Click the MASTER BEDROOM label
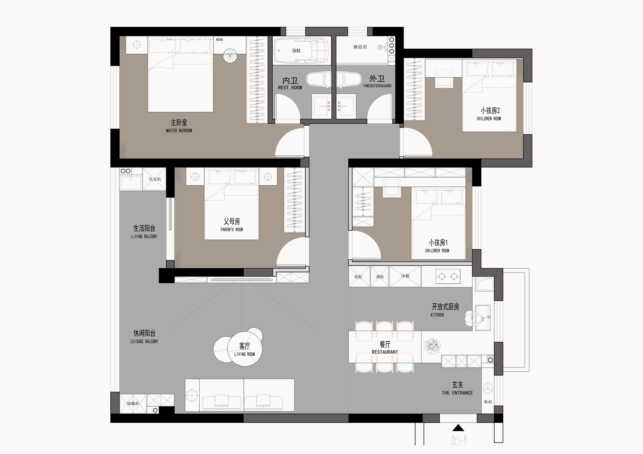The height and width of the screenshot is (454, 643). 179,131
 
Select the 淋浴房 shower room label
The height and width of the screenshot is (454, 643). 360,47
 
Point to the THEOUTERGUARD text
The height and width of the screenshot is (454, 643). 377,86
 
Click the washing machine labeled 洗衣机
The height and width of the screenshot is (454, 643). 154,179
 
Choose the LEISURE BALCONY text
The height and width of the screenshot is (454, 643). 144,342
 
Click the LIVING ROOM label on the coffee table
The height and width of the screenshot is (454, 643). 244,354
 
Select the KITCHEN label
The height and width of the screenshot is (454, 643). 437,315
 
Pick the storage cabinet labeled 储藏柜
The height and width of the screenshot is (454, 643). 133,404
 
